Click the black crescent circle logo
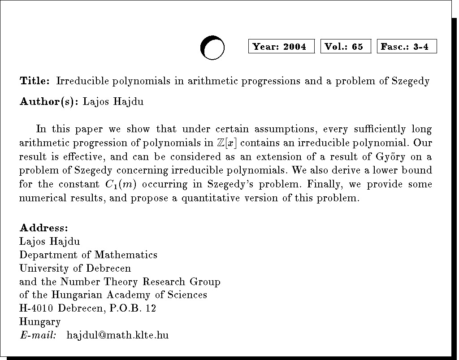click(x=212, y=48)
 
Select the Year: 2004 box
click(x=281, y=47)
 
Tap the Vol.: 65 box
click(x=346, y=47)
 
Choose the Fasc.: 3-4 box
click(x=407, y=47)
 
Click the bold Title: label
click(x=35, y=81)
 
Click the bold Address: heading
click(x=43, y=228)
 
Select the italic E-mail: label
click(x=38, y=335)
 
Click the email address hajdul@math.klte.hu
click(x=117, y=335)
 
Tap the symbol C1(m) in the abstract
click(x=123, y=184)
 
